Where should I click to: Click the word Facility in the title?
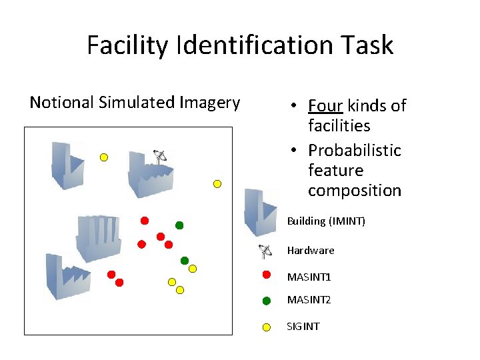127,45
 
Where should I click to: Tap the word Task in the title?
367,45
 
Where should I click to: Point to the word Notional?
61,102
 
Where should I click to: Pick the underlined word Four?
325,105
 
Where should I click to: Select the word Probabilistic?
354,150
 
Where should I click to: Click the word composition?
354,190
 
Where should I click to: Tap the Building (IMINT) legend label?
326,221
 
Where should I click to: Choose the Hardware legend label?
311,251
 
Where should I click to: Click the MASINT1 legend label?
309,277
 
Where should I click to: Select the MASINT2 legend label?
309,300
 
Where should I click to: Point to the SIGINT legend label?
303,327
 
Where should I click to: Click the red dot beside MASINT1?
267,274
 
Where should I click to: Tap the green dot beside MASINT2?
267,301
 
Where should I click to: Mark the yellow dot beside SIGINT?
267,327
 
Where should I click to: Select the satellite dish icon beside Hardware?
265,251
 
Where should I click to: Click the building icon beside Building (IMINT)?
259,212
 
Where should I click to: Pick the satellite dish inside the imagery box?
159,157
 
